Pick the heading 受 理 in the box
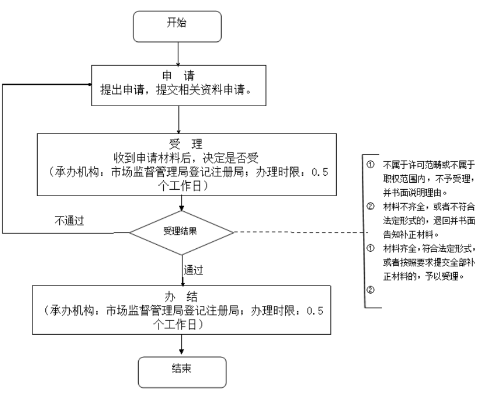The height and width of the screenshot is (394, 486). point(182,144)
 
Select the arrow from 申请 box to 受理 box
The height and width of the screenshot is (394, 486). point(181,120)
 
